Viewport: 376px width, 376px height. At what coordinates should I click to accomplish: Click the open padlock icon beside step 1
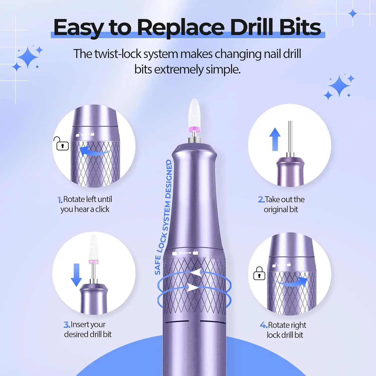click(x=61, y=144)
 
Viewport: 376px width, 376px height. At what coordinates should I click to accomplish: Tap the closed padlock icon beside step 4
click(x=259, y=273)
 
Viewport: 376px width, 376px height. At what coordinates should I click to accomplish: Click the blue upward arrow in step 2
click(x=275, y=139)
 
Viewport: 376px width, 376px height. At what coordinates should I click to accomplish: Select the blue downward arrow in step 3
click(x=76, y=275)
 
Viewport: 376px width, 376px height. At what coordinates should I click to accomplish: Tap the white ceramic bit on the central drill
click(x=195, y=113)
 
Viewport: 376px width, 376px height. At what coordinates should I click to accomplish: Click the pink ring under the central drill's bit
click(x=195, y=129)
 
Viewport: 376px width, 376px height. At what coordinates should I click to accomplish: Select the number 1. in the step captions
click(x=60, y=200)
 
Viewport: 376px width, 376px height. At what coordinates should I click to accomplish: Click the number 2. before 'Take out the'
click(x=261, y=200)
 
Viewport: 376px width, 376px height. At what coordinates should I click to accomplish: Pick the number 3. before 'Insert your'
click(x=67, y=325)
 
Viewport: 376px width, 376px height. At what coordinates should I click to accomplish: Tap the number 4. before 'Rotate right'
click(x=263, y=325)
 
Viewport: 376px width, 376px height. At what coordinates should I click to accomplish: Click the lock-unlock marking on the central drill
click(x=185, y=253)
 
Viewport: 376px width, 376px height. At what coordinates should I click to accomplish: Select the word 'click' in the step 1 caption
click(x=102, y=209)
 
